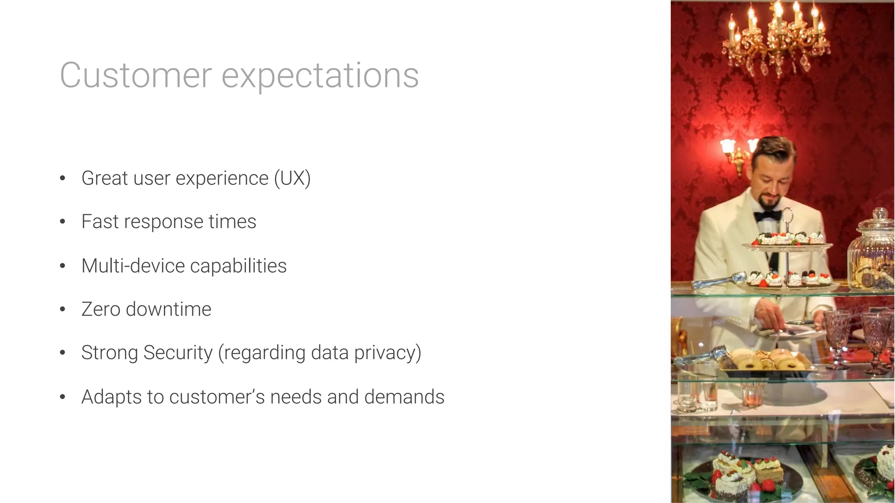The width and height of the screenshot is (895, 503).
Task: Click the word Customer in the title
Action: click(x=136, y=76)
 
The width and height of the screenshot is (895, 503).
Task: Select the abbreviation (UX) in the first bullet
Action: click(x=292, y=178)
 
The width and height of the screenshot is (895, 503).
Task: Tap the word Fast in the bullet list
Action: click(x=100, y=222)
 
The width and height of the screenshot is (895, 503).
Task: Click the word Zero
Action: click(x=101, y=309)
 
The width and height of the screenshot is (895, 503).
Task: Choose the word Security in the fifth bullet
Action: click(x=178, y=353)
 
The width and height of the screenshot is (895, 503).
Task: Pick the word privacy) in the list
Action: click(x=388, y=353)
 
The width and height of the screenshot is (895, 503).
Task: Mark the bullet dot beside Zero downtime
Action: click(x=62, y=309)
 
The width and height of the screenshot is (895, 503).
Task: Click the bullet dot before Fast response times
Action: click(x=62, y=222)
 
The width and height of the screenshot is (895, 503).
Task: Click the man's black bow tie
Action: click(x=768, y=215)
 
